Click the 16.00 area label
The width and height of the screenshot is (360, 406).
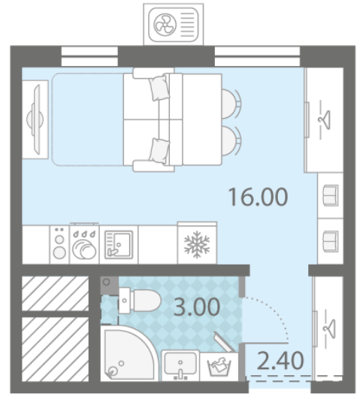point(258,197)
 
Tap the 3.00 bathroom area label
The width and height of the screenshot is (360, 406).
point(197,307)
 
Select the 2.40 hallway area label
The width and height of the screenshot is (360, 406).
point(280,360)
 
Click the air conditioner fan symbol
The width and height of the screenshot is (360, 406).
point(165,25)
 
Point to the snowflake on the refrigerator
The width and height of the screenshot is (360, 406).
point(197,244)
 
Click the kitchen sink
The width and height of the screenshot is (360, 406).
point(119,245)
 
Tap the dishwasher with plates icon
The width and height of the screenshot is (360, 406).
point(84,245)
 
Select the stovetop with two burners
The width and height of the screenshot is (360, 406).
point(59,245)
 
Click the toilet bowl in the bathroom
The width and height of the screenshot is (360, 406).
point(140,301)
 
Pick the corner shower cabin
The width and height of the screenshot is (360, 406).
point(129,353)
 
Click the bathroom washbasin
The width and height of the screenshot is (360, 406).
point(180,365)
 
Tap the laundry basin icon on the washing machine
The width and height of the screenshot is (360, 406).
point(219,365)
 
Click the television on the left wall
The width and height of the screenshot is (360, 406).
point(37,120)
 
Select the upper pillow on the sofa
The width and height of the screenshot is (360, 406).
point(159,87)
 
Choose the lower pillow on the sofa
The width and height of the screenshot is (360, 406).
point(159,150)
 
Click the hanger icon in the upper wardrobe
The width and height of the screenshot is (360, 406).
point(325,120)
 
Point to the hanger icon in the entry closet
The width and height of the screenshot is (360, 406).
point(329,329)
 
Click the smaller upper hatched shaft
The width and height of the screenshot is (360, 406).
point(56,293)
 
